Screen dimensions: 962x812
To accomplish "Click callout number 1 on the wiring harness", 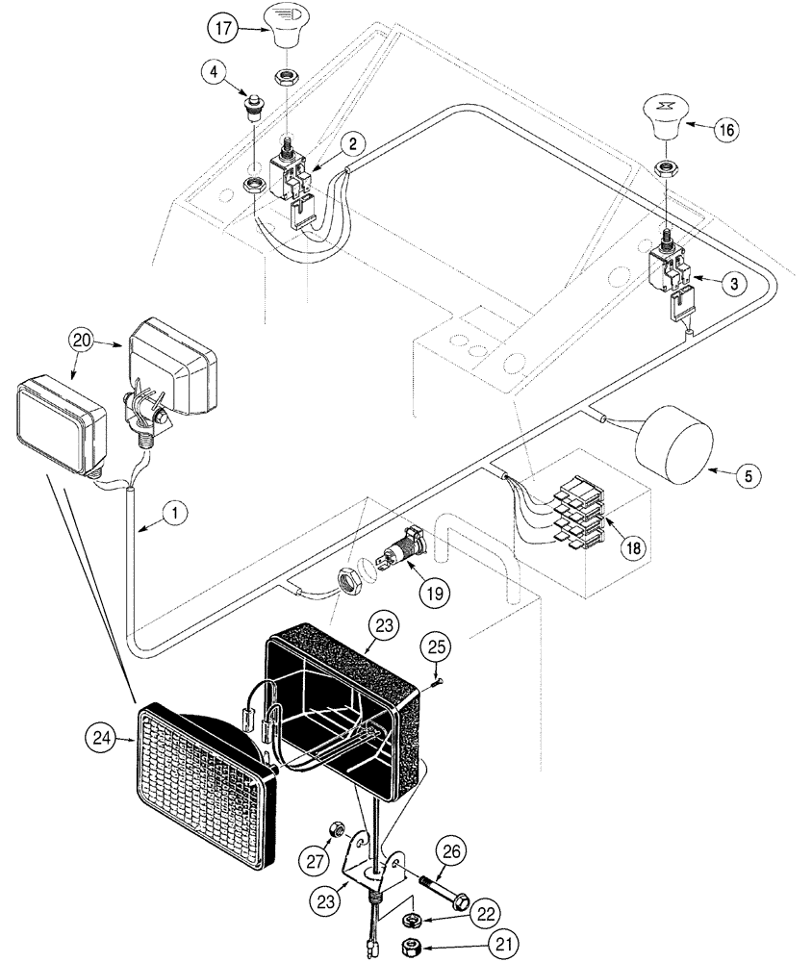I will (173, 515).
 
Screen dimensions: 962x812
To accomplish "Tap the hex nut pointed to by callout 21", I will (410, 944).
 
